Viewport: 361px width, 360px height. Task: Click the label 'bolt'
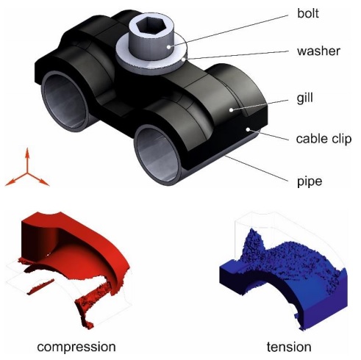(308, 13)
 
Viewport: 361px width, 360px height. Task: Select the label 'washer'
(318, 51)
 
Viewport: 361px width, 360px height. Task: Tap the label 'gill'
(304, 98)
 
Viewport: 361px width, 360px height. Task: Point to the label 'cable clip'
(324, 139)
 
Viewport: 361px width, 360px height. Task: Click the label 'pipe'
(310, 182)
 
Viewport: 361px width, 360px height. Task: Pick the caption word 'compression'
(76, 347)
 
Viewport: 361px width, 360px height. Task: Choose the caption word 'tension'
(289, 347)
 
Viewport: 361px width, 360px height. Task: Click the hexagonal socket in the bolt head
(149, 26)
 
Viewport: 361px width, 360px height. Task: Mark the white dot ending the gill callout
(231, 110)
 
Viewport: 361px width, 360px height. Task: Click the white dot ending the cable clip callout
(249, 129)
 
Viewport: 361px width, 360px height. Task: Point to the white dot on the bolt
(168, 46)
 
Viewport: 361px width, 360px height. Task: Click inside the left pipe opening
(64, 101)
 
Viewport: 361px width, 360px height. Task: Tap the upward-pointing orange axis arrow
(27, 159)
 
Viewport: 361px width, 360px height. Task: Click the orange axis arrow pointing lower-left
(15, 179)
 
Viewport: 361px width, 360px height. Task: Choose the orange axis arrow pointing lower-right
(38, 179)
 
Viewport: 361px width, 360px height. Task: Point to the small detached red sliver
(40, 287)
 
